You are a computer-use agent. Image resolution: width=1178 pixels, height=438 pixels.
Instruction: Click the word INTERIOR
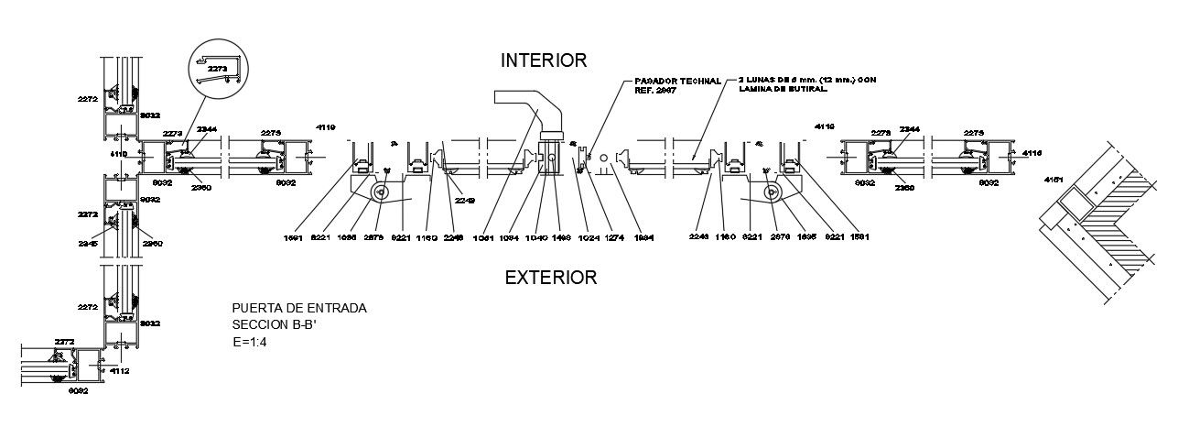(x=543, y=60)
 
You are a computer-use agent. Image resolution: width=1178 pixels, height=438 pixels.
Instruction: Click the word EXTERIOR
(x=550, y=277)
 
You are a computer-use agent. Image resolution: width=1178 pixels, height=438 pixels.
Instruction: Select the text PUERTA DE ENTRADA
(x=299, y=309)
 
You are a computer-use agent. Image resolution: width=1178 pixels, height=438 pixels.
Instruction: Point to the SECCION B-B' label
(x=271, y=325)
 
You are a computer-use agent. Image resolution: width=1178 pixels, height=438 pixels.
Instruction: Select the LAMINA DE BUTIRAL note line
(x=783, y=90)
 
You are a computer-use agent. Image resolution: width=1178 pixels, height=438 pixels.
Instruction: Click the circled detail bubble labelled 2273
(x=218, y=69)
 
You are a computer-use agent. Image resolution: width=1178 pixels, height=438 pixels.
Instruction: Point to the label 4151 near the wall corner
(x=1054, y=181)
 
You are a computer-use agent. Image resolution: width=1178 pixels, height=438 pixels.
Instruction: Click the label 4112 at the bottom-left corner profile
(x=119, y=371)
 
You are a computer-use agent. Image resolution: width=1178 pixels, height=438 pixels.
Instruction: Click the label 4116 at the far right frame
(x=1032, y=152)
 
